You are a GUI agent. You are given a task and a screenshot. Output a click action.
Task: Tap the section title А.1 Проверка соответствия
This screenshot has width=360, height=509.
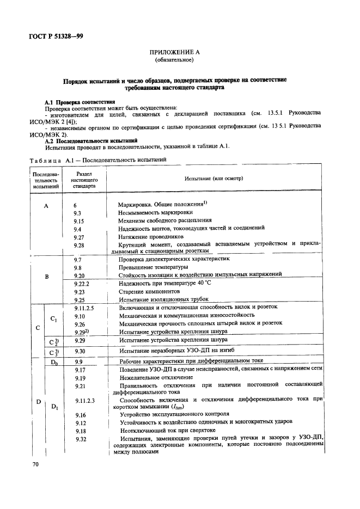coord(80,102)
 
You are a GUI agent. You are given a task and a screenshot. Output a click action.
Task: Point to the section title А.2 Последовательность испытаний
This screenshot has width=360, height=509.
coord(90,140)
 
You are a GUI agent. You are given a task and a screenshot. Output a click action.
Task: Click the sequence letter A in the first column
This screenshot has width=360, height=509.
coord(46,206)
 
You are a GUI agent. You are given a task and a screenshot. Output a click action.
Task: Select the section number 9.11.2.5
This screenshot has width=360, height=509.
coord(84,308)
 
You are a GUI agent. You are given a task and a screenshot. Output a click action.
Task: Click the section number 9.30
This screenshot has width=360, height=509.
coord(80,351)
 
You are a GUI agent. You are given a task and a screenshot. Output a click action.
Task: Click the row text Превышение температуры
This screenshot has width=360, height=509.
coord(154,268)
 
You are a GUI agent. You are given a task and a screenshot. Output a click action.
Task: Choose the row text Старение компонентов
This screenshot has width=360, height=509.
coord(151,292)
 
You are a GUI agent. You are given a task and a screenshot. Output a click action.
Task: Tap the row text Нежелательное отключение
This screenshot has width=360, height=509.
coord(155,377)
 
